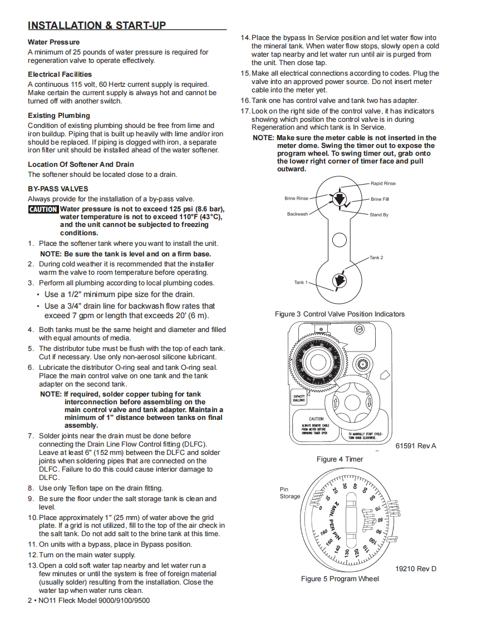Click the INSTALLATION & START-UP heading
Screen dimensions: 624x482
[x=97, y=26]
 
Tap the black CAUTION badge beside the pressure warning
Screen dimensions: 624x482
[x=43, y=210]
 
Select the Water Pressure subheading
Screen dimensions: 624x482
[x=53, y=42]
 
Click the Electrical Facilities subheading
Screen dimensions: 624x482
[x=60, y=75]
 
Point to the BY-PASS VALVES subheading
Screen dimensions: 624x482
[x=58, y=189]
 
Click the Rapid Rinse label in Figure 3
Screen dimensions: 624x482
[x=383, y=184]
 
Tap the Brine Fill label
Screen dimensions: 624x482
[x=380, y=199]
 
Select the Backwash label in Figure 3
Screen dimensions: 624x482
[x=297, y=214]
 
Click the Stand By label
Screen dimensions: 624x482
[x=379, y=215]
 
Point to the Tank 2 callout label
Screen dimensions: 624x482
[x=376, y=257]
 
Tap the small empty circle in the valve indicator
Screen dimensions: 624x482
[x=339, y=240]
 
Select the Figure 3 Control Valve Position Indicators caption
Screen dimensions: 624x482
[x=340, y=314]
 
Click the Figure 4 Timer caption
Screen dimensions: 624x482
[x=340, y=459]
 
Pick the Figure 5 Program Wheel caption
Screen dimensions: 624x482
[x=340, y=579]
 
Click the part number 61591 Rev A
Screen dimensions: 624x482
[x=416, y=446]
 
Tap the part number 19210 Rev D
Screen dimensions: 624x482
[x=416, y=569]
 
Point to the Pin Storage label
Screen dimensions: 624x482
[x=289, y=493]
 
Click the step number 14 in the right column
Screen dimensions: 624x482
[x=245, y=38]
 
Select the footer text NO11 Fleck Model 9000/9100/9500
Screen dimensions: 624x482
[x=89, y=601]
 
